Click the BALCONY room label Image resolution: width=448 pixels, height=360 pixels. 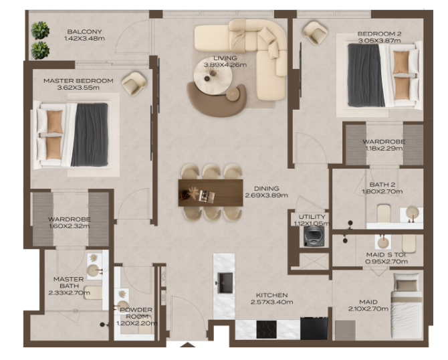click(84, 31)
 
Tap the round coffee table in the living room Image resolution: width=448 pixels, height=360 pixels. click(213, 76)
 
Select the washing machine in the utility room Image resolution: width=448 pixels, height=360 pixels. click(314, 236)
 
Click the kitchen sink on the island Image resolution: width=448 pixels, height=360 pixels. click(225, 283)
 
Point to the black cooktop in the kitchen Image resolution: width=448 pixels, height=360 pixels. click(266, 329)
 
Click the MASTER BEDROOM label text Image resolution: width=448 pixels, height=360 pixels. click(78, 81)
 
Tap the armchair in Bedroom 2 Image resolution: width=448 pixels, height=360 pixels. click(315, 33)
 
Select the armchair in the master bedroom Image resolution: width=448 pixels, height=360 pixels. click(134, 83)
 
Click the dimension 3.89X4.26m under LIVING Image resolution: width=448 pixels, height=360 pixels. click(225, 65)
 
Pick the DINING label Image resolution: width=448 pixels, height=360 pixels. click(267, 189)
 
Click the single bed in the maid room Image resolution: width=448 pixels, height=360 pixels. click(407, 305)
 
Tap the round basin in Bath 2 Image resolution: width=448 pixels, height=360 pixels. click(413, 213)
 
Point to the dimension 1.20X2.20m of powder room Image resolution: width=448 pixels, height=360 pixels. click(136, 323)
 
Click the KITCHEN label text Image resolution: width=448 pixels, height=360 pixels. click(271, 295)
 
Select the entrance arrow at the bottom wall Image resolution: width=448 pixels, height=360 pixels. click(187, 345)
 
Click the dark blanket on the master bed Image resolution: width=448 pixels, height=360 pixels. click(90, 134)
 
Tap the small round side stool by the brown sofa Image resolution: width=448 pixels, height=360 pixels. click(233, 94)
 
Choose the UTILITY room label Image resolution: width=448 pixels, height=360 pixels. click(312, 217)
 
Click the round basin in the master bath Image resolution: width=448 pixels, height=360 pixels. click(92, 270)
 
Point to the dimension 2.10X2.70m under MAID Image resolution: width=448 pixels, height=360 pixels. click(368, 309)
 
